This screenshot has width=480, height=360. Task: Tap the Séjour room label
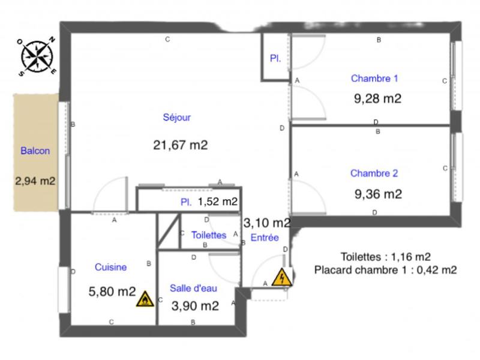[x=176, y=118]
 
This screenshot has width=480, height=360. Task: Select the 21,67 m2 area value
[x=181, y=145]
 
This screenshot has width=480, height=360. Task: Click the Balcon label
[x=35, y=151]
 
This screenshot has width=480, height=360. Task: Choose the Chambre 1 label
[x=374, y=78]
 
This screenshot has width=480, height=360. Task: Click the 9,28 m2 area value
[x=378, y=98]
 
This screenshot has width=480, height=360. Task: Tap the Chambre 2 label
[x=374, y=173]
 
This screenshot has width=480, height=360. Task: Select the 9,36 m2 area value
[x=378, y=194]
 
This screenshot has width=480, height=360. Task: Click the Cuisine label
[x=110, y=267]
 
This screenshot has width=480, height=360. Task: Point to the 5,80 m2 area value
[x=112, y=292]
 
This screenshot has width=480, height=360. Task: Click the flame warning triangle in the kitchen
[x=144, y=300]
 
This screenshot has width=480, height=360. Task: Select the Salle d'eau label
[x=193, y=287]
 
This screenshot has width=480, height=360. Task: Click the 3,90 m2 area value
[x=194, y=306]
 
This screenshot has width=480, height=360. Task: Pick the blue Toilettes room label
[x=208, y=235]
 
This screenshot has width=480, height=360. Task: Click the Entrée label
[x=265, y=238]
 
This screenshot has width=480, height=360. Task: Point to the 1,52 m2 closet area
[x=217, y=202]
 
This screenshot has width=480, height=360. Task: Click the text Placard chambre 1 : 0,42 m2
[x=385, y=270]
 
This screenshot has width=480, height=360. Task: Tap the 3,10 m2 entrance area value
[x=267, y=223]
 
